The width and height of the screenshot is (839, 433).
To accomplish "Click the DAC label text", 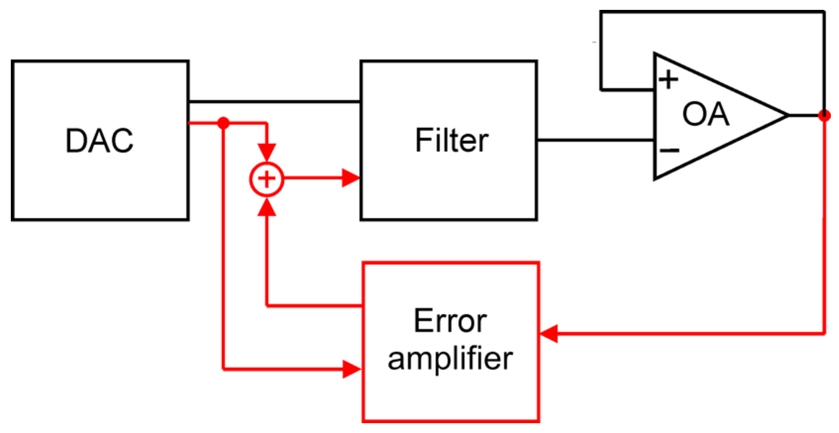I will (x=99, y=140).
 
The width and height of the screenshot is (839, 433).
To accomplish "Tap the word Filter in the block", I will (x=451, y=140).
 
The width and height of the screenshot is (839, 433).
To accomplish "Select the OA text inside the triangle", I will (x=706, y=114).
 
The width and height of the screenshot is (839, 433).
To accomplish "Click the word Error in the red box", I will (x=450, y=321).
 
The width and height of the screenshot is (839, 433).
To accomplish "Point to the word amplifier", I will (x=450, y=359).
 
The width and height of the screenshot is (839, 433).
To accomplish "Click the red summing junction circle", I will (x=267, y=179).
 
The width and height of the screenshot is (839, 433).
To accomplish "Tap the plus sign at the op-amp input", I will (x=668, y=80).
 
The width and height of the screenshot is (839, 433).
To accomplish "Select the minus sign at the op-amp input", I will (x=669, y=150).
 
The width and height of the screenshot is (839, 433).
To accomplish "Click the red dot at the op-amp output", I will (x=824, y=115).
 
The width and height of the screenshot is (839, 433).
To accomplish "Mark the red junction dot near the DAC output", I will (x=223, y=123).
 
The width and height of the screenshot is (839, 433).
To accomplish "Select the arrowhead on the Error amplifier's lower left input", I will (x=351, y=369).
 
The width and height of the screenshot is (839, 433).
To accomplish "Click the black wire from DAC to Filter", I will (x=275, y=102).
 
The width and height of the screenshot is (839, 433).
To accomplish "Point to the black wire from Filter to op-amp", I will (x=594, y=140).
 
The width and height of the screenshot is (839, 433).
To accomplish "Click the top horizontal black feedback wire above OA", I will (x=712, y=12).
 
